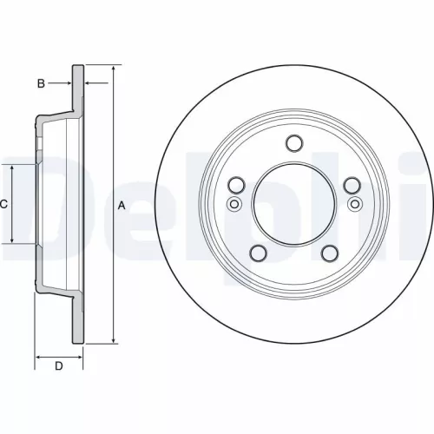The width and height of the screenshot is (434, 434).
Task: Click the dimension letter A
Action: pos(122,206)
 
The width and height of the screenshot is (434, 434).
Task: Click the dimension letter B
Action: pos(40,83)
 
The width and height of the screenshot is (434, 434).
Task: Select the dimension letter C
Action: pos(3,205)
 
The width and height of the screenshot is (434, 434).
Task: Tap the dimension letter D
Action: pos(59,365)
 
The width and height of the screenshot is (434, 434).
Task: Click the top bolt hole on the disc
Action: pos(293,144)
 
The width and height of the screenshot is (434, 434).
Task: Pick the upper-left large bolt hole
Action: pos(234,186)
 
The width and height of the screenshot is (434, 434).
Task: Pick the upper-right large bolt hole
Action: pos(352,186)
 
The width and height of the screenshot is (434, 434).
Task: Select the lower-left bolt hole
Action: pos(257,253)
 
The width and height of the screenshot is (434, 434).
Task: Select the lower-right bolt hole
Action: pos(329,253)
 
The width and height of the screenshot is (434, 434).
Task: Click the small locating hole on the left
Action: pos(233,204)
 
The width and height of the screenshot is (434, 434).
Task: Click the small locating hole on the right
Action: pos(354,204)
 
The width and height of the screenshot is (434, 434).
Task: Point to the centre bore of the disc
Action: pos(293,206)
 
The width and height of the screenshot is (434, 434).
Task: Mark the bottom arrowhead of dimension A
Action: pos(114,342)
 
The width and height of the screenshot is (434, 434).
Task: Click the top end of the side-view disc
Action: pos(78,65)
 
